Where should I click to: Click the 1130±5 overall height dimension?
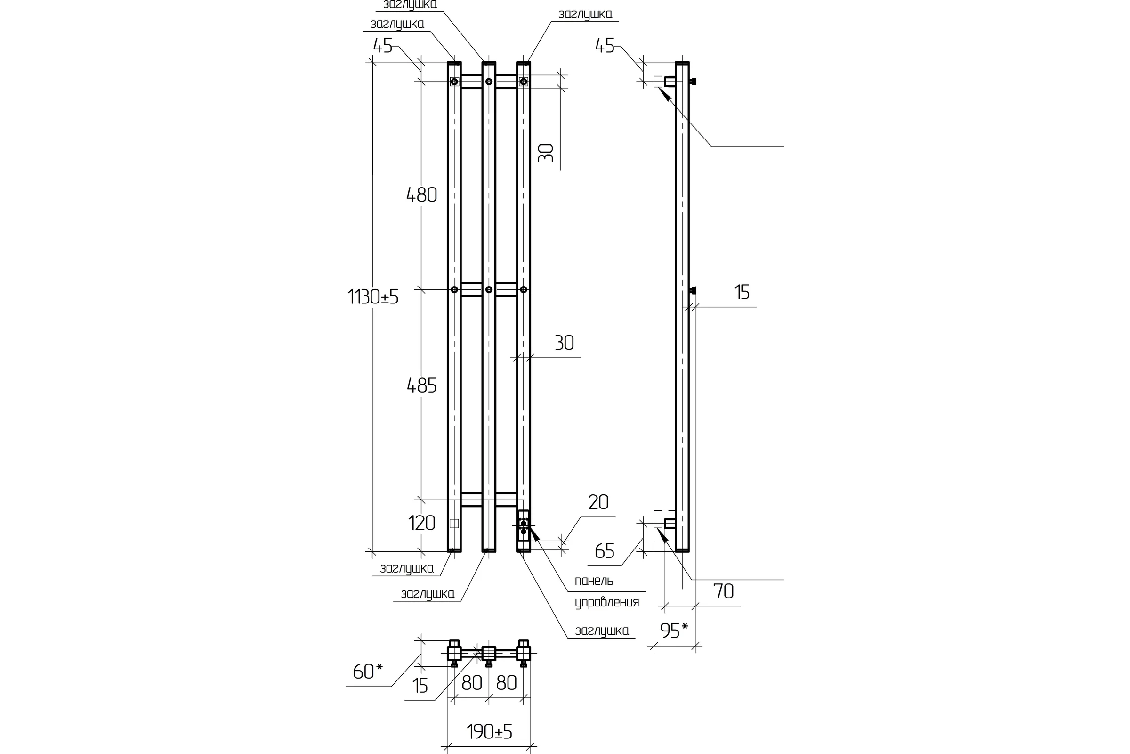tap(373, 297)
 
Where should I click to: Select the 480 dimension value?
tap(421, 195)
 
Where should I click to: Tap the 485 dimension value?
tap(421, 385)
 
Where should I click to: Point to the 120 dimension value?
tap(421, 523)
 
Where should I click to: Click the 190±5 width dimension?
tap(489, 731)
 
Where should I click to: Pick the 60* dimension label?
tap(368, 671)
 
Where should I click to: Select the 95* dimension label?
tap(674, 630)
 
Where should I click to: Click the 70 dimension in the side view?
tap(724, 591)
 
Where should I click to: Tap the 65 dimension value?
tap(605, 551)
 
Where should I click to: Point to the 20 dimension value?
tap(598, 502)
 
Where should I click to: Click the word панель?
tap(594, 581)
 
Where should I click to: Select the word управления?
tap(607, 603)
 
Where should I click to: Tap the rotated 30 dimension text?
tap(546, 152)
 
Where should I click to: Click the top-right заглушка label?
tap(585, 15)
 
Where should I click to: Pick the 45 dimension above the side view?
tap(605, 46)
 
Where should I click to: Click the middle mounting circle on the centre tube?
tap(489, 289)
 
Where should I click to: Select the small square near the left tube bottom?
tap(454, 523)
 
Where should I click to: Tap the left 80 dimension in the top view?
tap(471, 682)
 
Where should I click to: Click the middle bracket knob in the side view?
tap(692, 290)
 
